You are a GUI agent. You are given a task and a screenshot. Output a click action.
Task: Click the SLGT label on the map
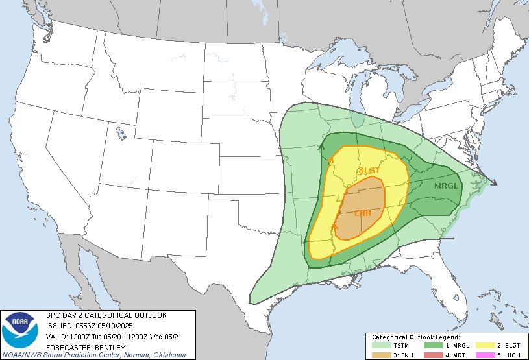(369, 171)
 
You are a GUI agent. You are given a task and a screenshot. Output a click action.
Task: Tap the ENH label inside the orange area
(363, 213)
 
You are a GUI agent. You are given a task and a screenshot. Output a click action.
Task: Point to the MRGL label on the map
(447, 186)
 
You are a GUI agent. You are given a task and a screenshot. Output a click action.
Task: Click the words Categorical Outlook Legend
(415, 338)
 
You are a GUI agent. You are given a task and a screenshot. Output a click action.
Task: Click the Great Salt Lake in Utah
(121, 134)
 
